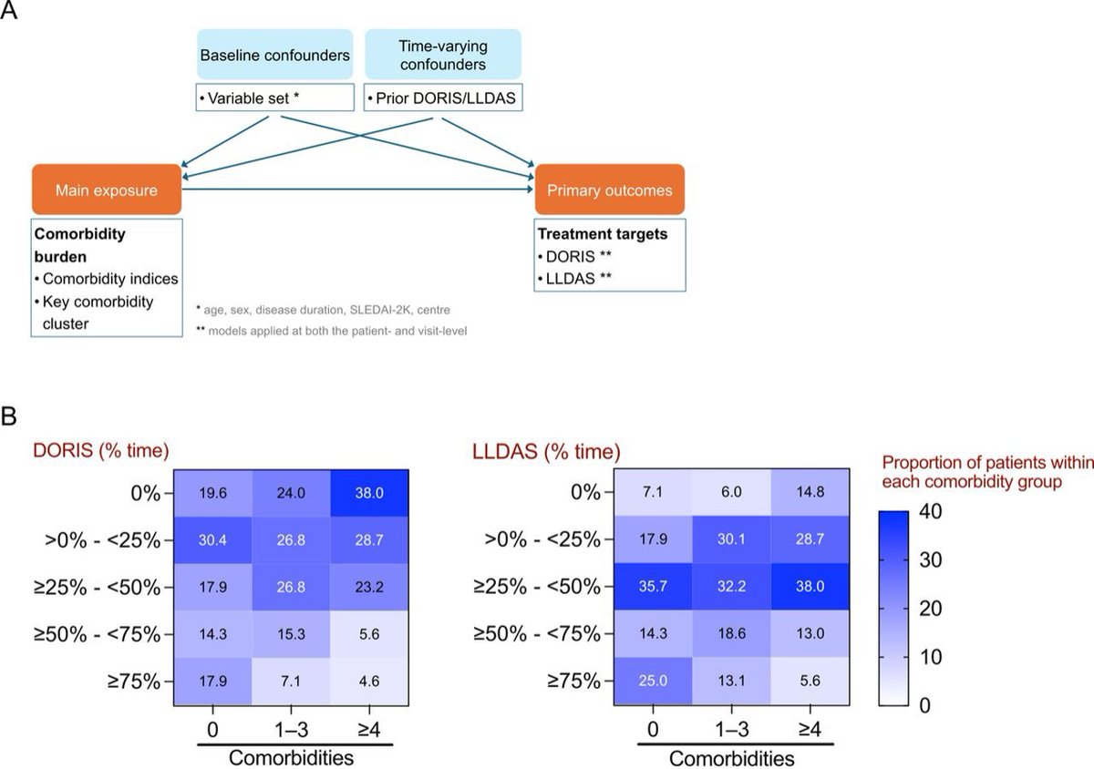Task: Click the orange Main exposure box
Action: (x=107, y=190)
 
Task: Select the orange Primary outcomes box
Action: (x=609, y=190)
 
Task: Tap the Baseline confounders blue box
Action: (x=274, y=55)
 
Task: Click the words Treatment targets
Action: (x=603, y=234)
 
